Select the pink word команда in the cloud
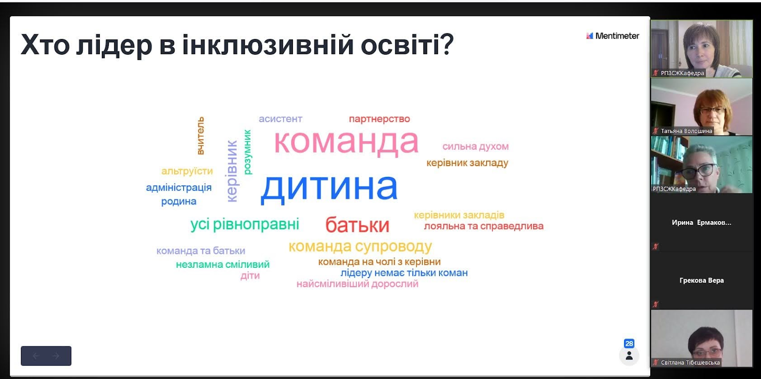(346, 142)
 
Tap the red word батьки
(357, 225)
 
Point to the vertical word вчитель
(200, 136)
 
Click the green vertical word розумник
(248, 152)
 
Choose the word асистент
(280, 119)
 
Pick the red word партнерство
(380, 119)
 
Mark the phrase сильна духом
(475, 147)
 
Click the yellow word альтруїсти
(187, 171)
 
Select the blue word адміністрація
(179, 187)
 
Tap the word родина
(179, 201)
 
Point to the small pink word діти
(250, 275)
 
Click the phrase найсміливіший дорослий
(357, 284)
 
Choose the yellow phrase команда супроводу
(360, 247)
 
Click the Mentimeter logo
(613, 36)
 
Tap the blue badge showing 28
(629, 344)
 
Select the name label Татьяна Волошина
(686, 131)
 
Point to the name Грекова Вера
(702, 281)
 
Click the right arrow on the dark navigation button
(56, 356)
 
